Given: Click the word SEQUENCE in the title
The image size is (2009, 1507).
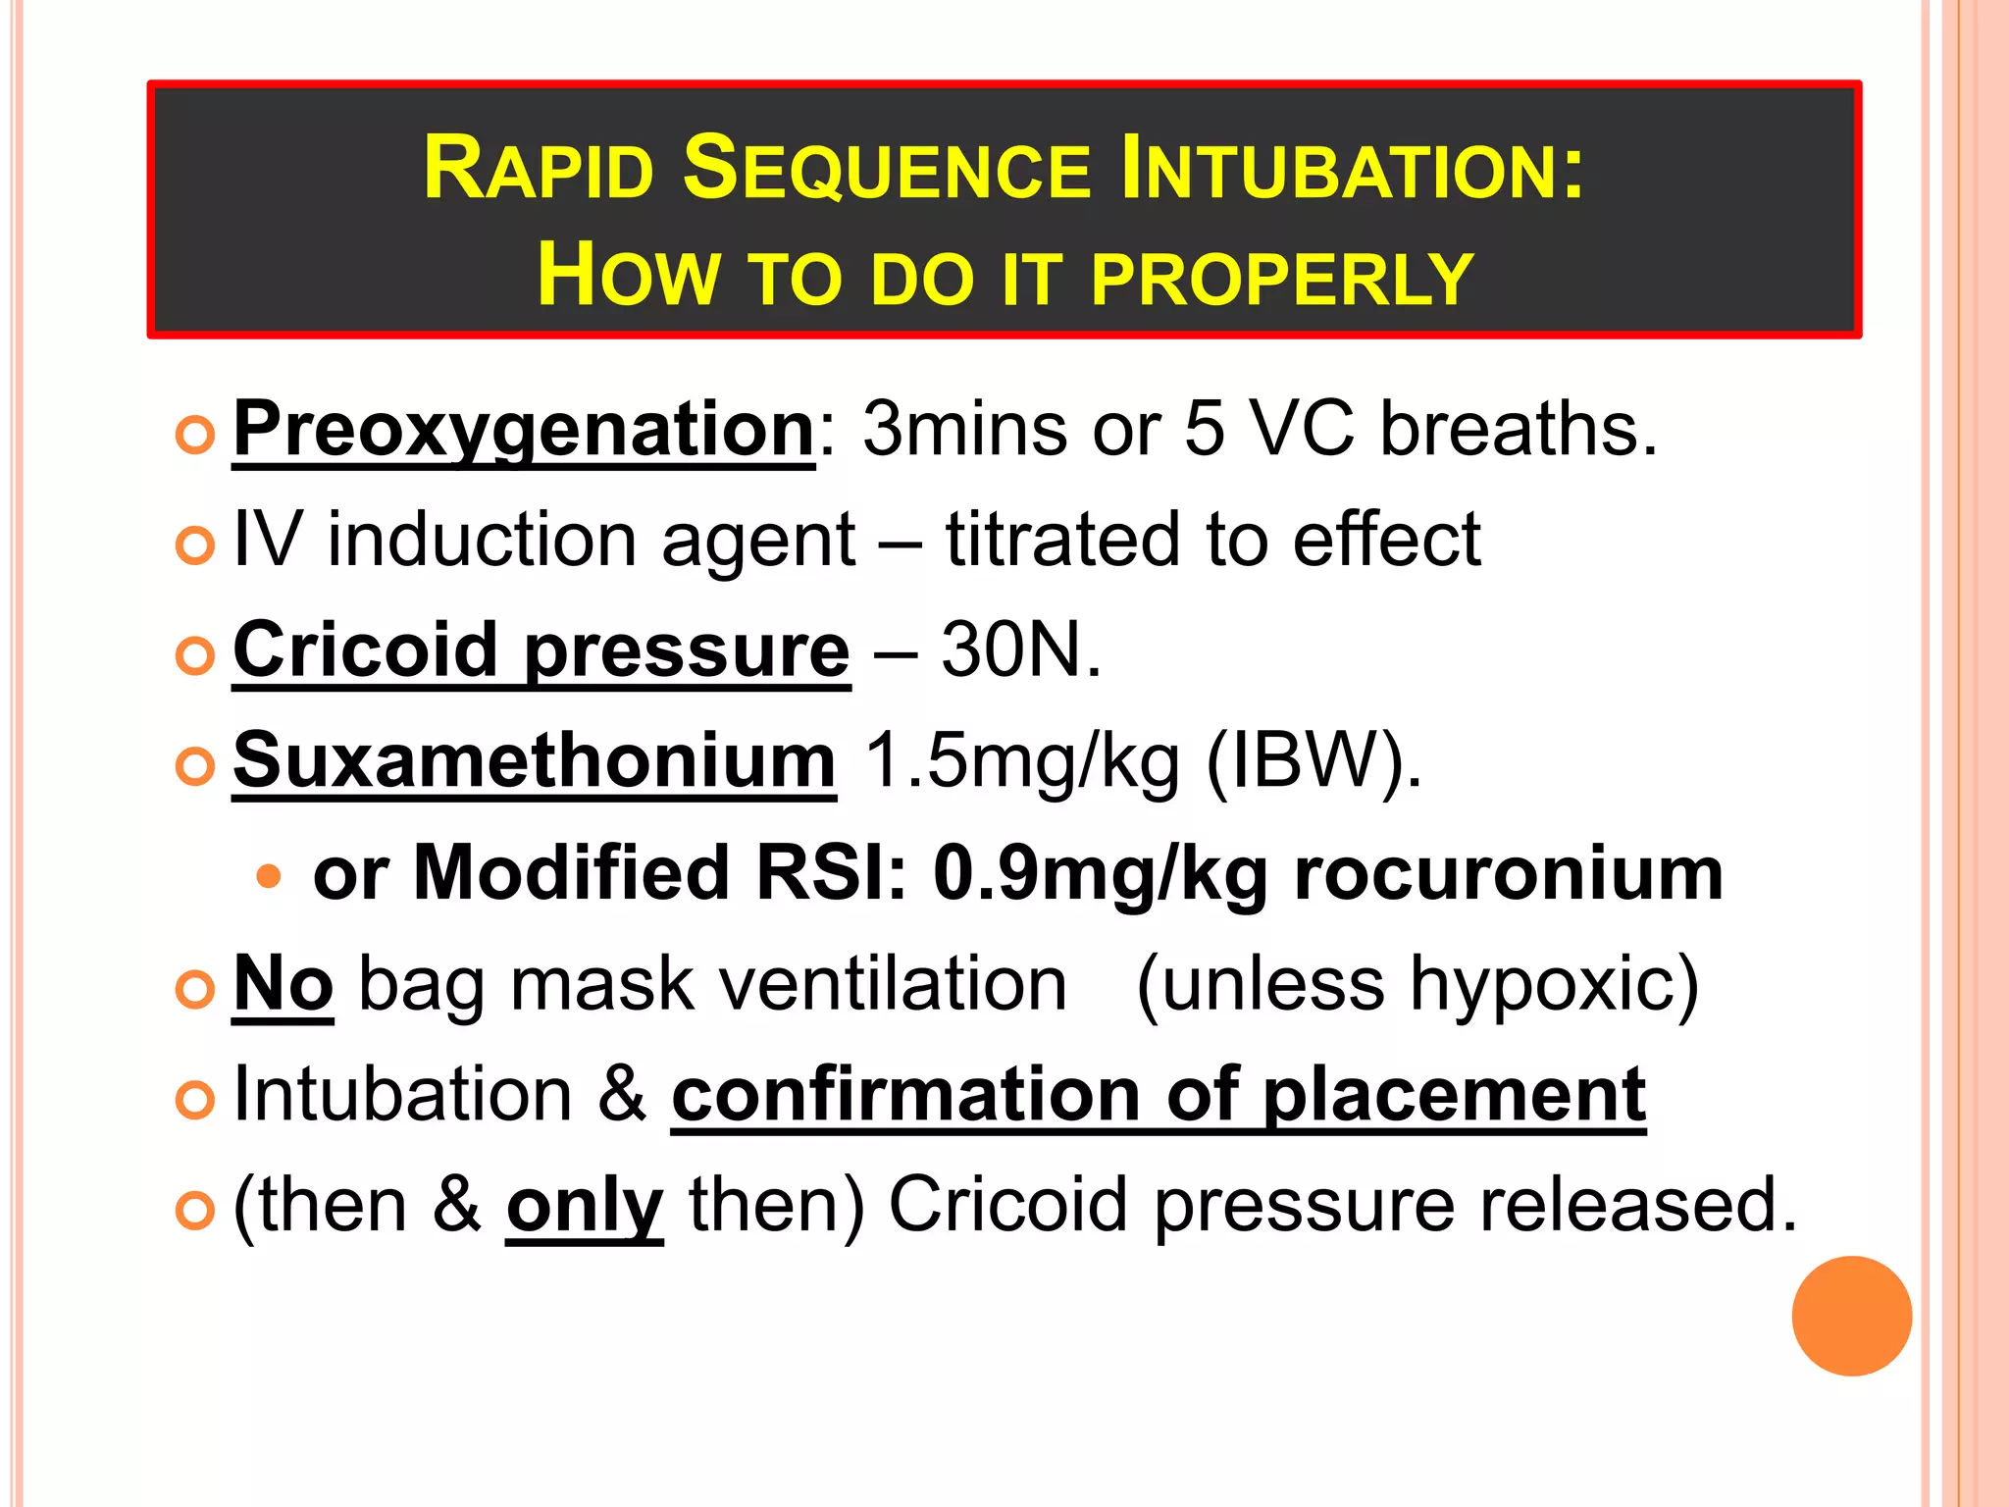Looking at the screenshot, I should point(886,169).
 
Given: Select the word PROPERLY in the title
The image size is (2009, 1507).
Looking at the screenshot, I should point(1282,279).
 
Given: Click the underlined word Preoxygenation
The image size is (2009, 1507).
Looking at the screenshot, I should point(524,431).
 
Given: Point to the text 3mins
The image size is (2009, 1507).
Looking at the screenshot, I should point(964,430).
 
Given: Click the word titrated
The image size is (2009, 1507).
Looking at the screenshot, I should point(1061,539).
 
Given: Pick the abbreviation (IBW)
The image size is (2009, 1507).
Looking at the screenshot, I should point(1313,762).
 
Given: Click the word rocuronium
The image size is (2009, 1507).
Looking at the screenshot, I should point(1508,872).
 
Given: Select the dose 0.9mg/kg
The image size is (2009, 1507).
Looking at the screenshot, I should point(1101,872).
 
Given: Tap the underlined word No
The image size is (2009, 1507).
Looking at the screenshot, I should point(283,983).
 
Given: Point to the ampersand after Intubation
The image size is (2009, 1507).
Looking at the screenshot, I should point(622,1094).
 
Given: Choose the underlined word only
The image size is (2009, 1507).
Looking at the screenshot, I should point(585,1206).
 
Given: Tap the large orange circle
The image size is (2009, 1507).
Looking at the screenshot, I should point(1851,1316).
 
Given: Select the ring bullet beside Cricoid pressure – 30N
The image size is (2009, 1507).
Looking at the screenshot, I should point(195,654).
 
